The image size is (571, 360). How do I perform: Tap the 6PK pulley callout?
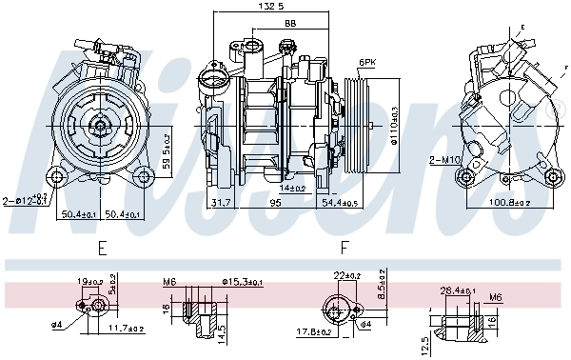(x=365, y=63)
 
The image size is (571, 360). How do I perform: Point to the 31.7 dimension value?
(x=221, y=202)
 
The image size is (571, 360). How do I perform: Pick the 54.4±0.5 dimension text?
(x=341, y=202)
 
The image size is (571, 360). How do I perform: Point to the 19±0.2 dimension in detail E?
(x=91, y=281)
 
